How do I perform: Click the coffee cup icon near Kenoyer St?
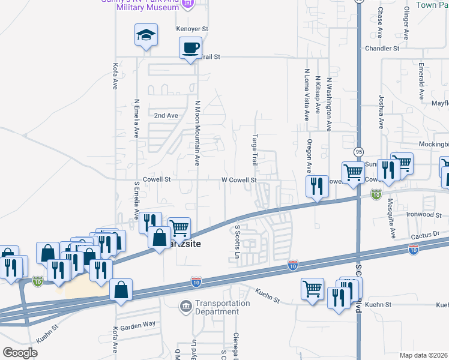point(191,47)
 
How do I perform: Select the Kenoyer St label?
point(191,28)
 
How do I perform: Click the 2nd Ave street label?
point(166,115)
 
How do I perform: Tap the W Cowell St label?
point(239,179)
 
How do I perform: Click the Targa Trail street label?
point(255,150)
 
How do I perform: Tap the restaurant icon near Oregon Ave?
point(316,186)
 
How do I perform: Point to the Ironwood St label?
point(424,214)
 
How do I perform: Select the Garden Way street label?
point(137,328)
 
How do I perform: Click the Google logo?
point(20,353)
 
